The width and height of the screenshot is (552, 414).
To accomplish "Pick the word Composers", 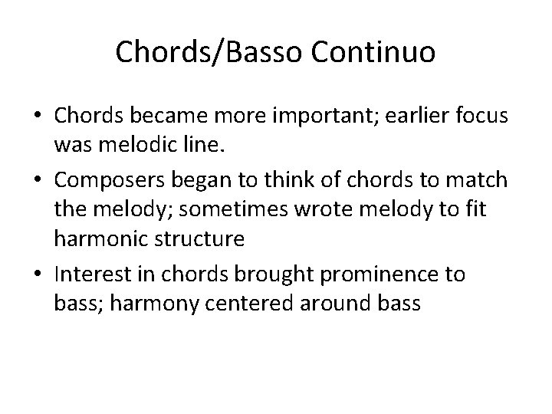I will tap(118, 182).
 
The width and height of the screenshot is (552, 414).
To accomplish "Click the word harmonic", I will tap(101, 238).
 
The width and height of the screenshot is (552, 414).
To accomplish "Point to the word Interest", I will tap(97, 274).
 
